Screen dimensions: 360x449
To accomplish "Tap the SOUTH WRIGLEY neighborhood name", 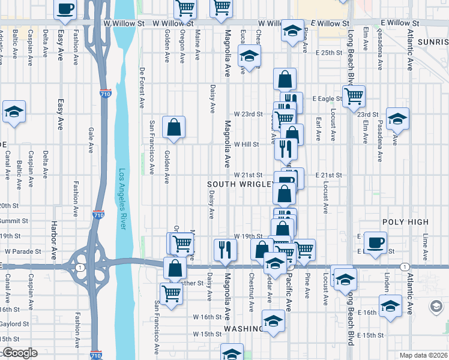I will [240, 184].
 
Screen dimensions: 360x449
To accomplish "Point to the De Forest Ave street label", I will [142, 87].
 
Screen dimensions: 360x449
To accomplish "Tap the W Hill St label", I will [246, 145].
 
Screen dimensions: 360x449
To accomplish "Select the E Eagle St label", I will [327, 98].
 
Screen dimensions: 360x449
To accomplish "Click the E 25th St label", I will [328, 53].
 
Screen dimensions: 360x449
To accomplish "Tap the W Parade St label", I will [23, 251].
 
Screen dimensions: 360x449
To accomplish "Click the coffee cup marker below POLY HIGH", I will [376, 243].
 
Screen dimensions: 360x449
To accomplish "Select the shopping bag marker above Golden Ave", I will [173, 127].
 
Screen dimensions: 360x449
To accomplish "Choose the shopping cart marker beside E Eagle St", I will [354, 95].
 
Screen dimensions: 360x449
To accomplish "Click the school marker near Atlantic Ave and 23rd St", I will [397, 118].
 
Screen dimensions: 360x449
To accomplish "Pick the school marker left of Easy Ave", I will [14, 111].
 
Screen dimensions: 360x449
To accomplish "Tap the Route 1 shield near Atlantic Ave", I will [405, 266].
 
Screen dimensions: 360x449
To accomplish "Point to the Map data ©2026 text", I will [423, 355].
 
